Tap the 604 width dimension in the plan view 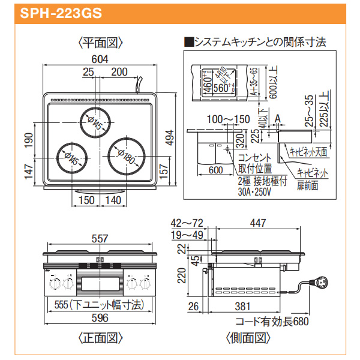coord(100,58)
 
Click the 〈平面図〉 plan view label coord(100,43)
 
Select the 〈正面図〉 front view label coord(100,338)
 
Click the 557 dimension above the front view coord(100,238)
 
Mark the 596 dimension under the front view coord(100,319)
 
